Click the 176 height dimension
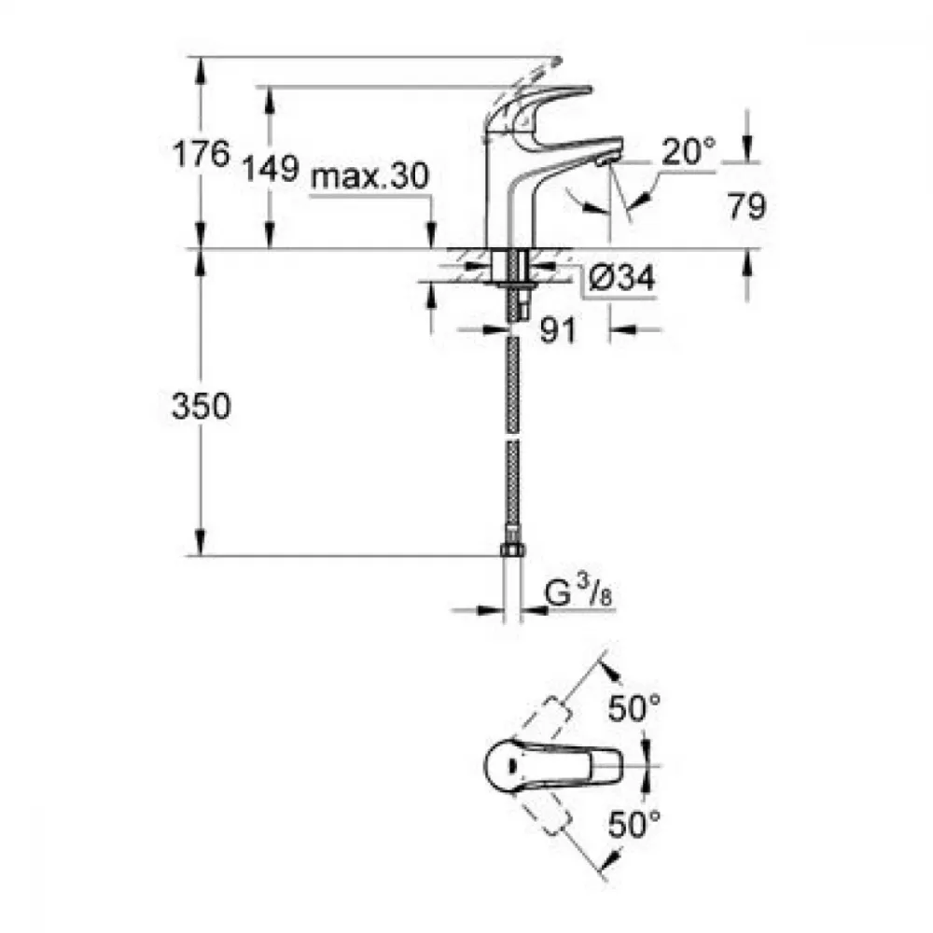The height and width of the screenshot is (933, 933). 201,154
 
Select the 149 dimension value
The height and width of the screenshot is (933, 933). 270,168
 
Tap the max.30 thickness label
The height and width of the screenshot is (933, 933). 369,176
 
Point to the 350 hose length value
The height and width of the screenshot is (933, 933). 201,407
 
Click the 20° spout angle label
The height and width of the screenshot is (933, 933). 689,151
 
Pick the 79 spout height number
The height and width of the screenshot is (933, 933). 746,206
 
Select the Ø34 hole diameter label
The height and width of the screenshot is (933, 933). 621,277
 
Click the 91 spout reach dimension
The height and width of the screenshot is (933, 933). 558,330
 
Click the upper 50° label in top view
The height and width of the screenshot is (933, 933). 634,708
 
